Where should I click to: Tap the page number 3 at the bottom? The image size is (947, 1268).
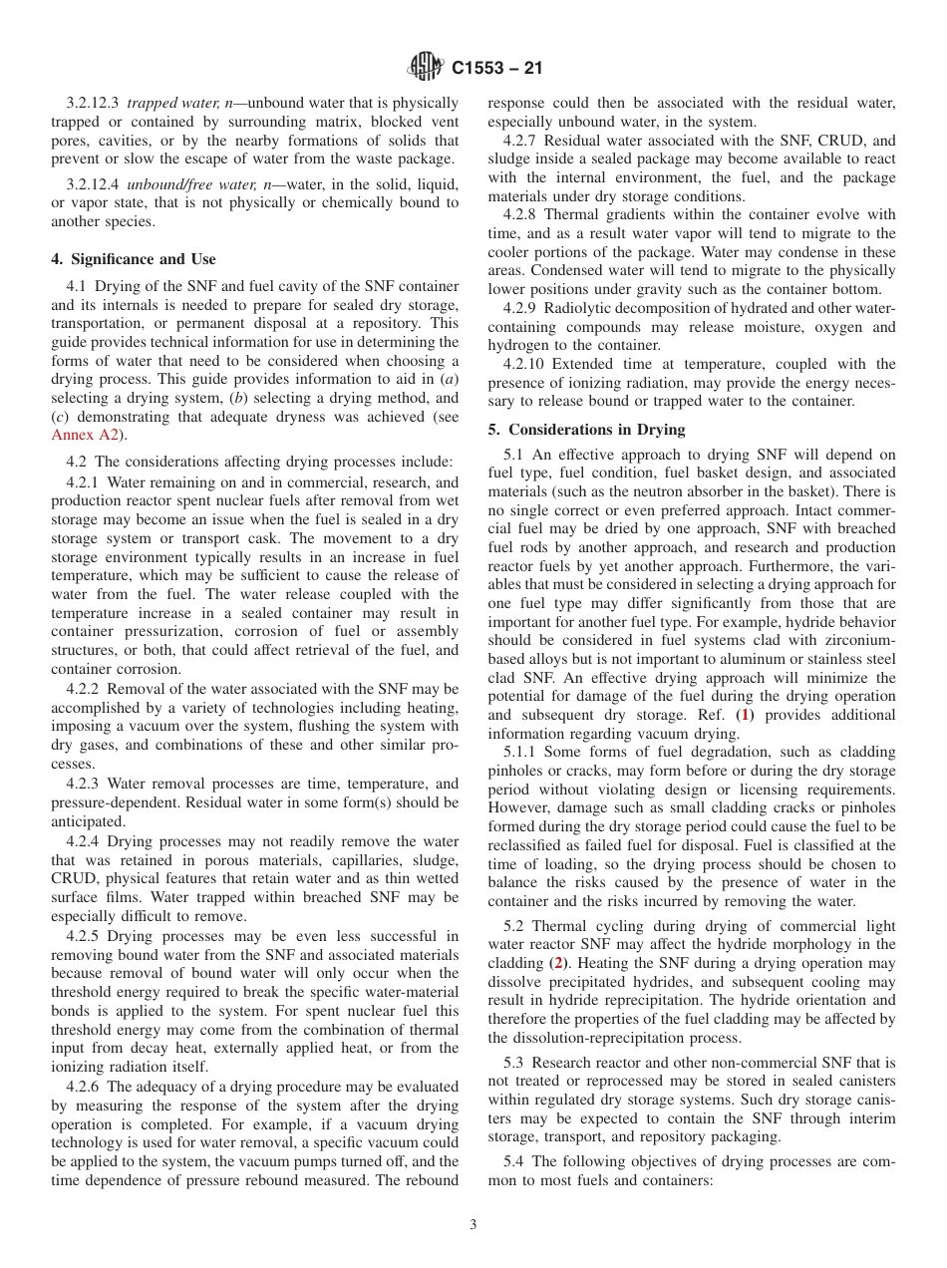pyautogui.click(x=473, y=1225)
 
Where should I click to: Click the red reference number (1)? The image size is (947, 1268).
pyautogui.click(x=744, y=715)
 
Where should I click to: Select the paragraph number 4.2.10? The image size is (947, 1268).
pyautogui.click(x=526, y=364)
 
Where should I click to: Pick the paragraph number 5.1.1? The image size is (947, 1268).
pyautogui.click(x=524, y=752)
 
